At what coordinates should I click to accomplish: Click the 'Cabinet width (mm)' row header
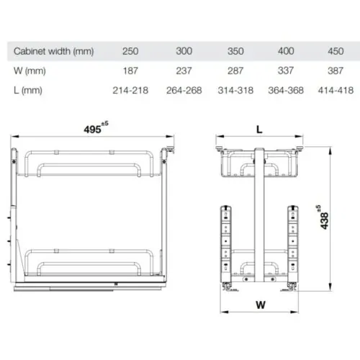point(53,52)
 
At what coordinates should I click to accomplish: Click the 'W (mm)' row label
point(27,71)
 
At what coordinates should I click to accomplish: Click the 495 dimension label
point(92,130)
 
